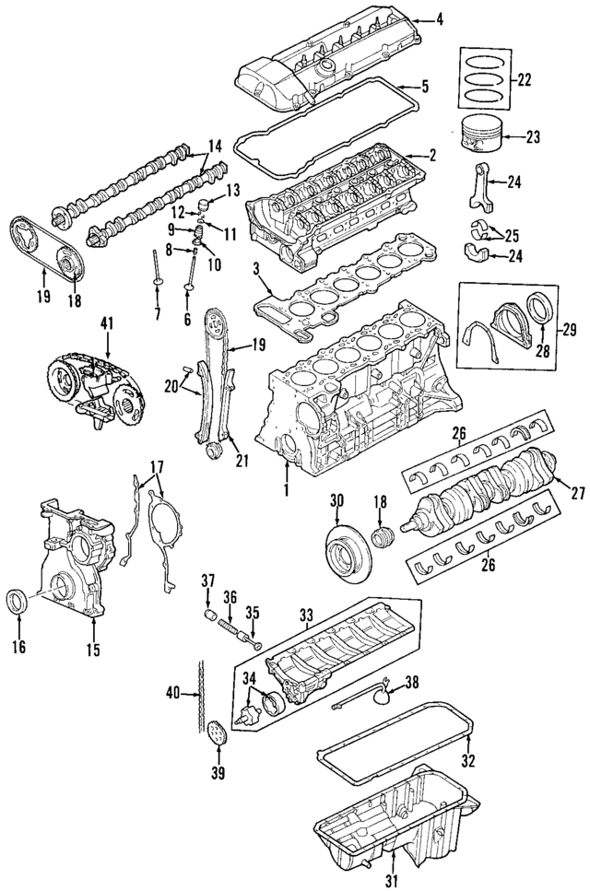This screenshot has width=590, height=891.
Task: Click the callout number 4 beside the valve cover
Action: click(439, 18)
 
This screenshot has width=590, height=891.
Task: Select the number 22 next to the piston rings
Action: click(524, 80)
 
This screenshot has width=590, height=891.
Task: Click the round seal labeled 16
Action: click(18, 602)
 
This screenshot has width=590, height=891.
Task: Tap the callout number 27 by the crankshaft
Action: click(578, 493)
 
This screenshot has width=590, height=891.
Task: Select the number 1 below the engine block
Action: click(286, 490)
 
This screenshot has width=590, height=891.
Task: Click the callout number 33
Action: click(307, 613)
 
